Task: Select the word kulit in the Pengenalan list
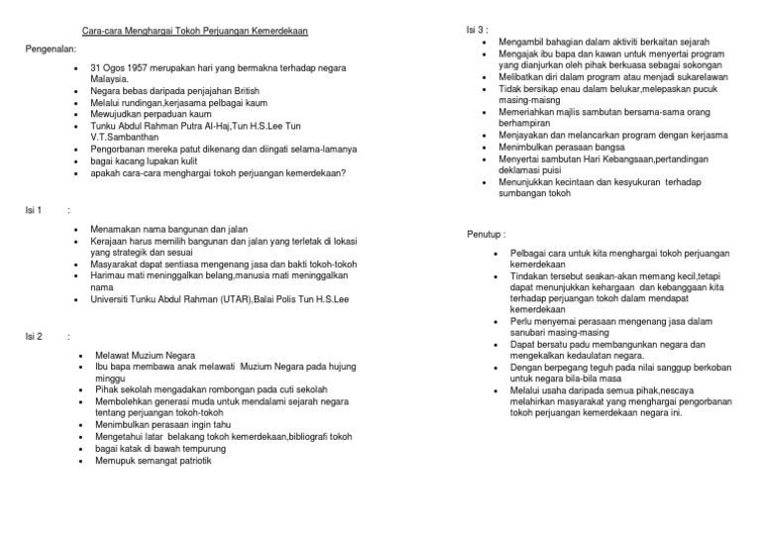[x=210, y=161]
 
